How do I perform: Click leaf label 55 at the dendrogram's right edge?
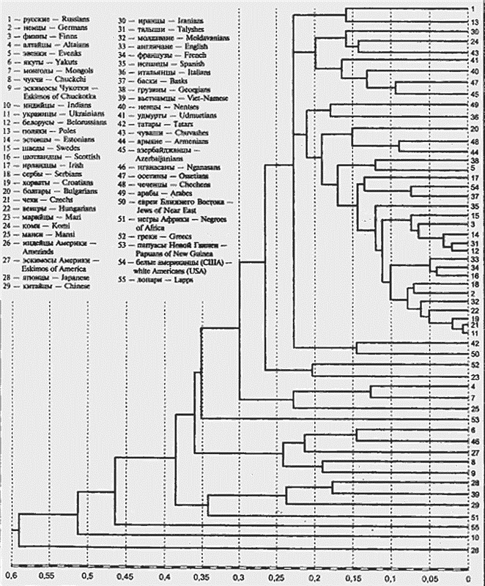click(x=475, y=527)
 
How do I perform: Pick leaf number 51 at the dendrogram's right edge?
click(x=475, y=516)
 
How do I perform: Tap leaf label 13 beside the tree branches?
click(x=475, y=23)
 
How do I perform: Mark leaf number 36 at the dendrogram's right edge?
click(x=475, y=117)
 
